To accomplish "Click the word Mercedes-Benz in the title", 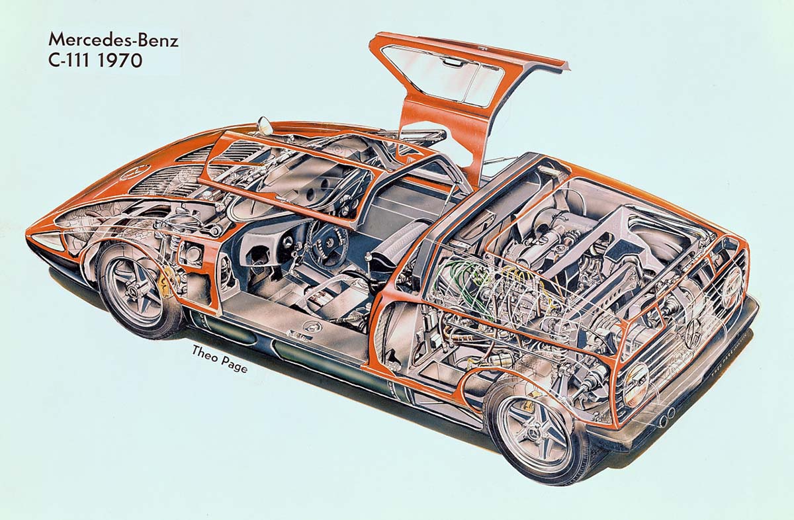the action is [x=113, y=40].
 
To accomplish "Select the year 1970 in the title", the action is [x=120, y=61].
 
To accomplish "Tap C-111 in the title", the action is [x=71, y=61].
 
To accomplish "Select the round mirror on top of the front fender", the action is [x=263, y=125].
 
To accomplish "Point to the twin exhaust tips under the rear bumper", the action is [x=667, y=413].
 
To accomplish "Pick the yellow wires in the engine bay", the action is [x=532, y=284].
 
